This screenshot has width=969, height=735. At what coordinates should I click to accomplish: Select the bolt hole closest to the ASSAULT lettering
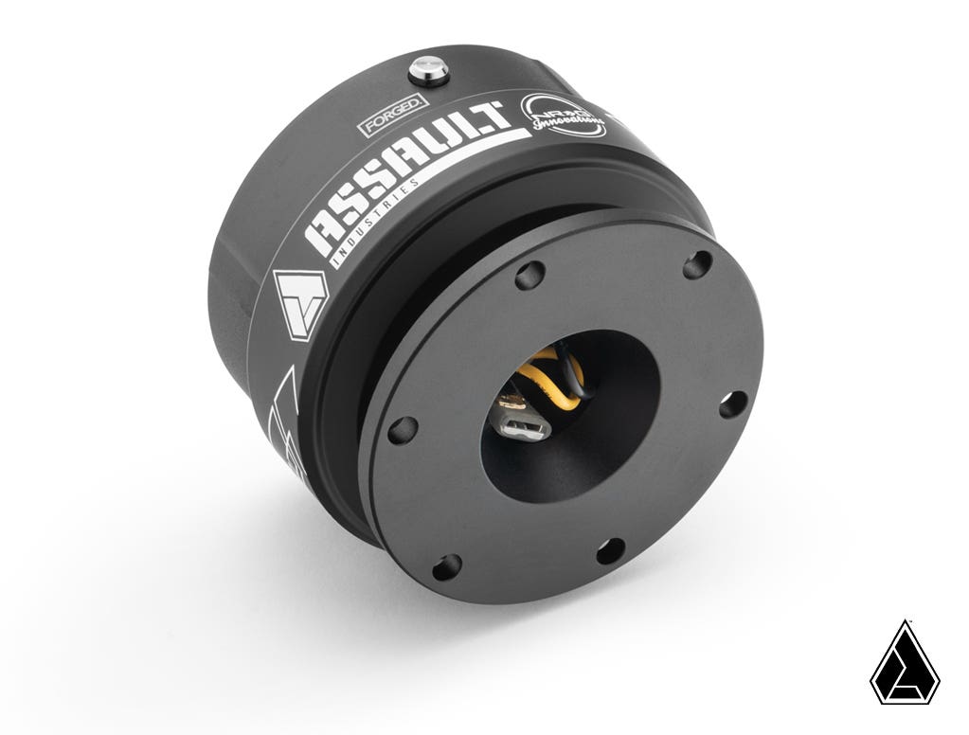coord(529,276)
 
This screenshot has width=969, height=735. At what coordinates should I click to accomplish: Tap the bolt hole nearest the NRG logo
coord(697,263)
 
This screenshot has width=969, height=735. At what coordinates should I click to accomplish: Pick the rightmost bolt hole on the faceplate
coord(732,404)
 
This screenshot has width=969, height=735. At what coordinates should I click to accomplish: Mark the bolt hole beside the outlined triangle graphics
coord(402,429)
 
